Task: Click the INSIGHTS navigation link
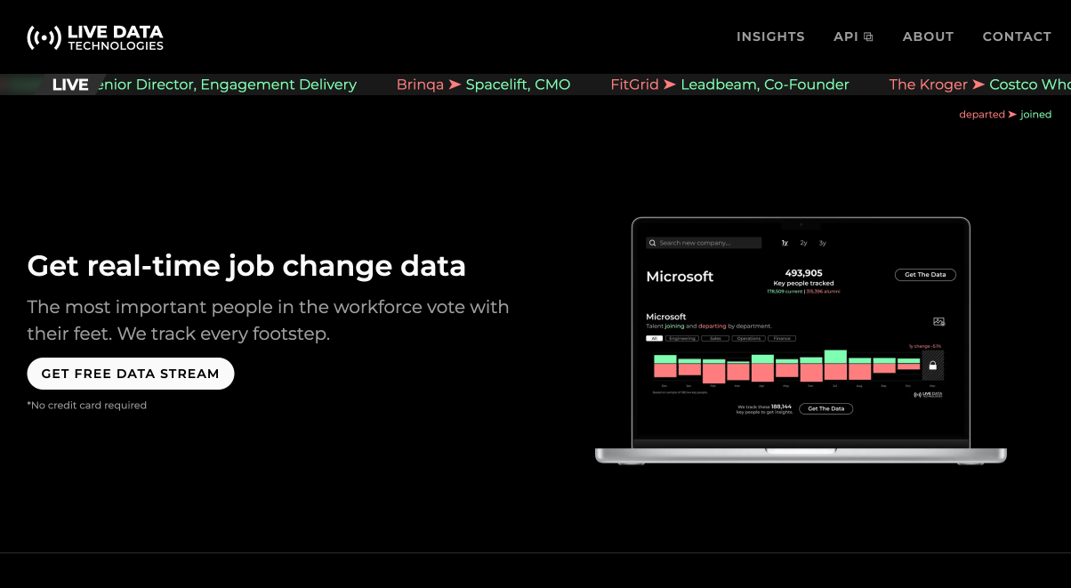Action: pos(770,36)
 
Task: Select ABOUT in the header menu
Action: pos(928,36)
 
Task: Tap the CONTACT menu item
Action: pos(1017,36)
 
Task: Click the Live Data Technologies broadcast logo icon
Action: pos(44,37)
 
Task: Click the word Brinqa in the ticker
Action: pos(420,85)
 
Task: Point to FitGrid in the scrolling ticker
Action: pos(634,85)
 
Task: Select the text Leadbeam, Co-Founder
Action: pos(765,85)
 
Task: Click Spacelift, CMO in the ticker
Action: pos(518,85)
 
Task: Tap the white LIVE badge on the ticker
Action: pos(70,85)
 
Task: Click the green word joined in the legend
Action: pos(1035,115)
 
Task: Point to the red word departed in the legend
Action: pos(981,115)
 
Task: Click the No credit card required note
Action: pos(87,406)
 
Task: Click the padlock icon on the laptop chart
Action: pos(932,365)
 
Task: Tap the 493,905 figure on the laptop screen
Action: pos(803,273)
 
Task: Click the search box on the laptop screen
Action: pos(704,243)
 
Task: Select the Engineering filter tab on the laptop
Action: pos(682,338)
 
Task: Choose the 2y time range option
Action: pos(803,243)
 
